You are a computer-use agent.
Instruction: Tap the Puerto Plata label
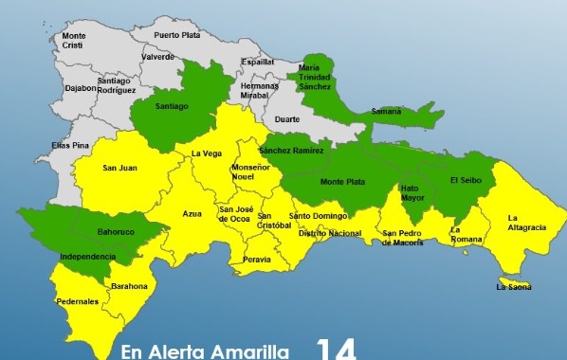click(174, 35)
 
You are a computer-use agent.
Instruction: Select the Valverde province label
click(156, 56)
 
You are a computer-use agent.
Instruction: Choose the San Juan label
click(122, 169)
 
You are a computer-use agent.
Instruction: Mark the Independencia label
click(87, 256)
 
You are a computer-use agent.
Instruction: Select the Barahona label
click(129, 285)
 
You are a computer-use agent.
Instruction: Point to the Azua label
click(192, 214)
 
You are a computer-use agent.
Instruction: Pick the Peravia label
click(257, 258)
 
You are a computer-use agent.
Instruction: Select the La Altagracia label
click(526, 222)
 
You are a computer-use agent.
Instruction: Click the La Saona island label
click(513, 286)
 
